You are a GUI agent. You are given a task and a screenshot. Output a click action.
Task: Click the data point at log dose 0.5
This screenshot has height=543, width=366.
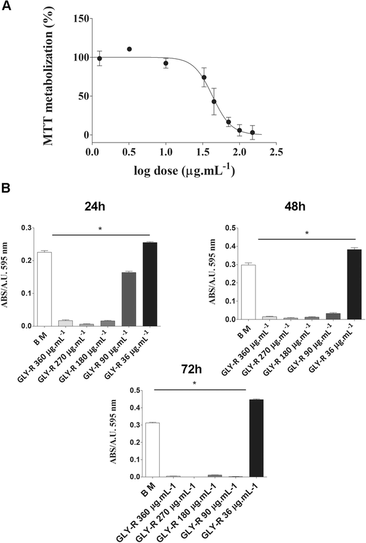129,49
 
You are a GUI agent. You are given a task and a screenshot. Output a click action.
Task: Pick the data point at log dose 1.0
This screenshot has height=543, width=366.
166,63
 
